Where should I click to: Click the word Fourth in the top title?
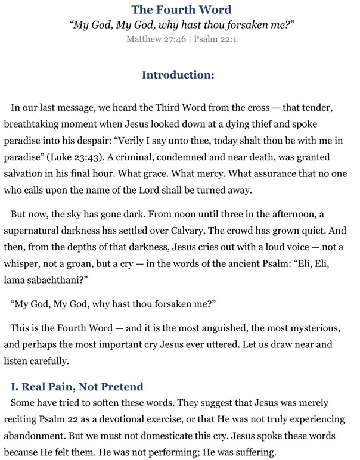[x=178, y=10]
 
